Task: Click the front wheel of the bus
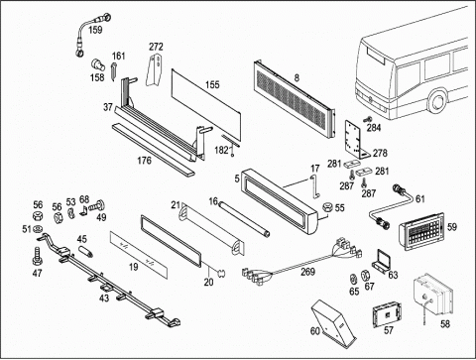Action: point(438,100)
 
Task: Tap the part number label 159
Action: point(95,30)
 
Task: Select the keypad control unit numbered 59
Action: point(421,231)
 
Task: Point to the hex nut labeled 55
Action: point(327,207)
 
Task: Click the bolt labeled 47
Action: point(38,256)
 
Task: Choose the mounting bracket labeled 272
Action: point(155,69)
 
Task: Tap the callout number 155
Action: point(212,85)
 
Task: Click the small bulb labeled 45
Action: point(86,252)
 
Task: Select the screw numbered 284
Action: point(368,119)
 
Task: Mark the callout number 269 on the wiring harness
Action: point(307,272)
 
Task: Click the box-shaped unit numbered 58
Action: point(433,296)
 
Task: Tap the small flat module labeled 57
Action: point(387,315)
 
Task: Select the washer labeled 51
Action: point(39,228)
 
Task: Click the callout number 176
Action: point(144,161)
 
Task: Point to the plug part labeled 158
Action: point(97,64)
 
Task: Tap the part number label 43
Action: point(104,299)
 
